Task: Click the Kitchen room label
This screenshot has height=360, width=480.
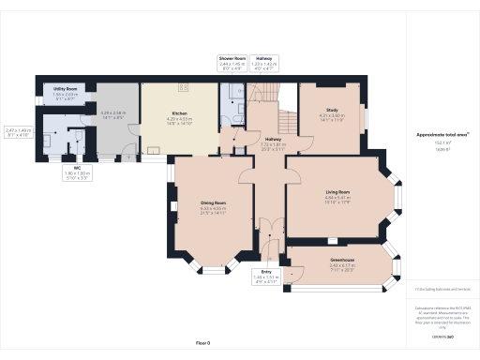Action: [178, 113]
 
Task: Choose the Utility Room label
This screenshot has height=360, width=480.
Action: [65, 88]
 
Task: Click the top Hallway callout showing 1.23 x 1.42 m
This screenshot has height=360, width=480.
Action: [264, 63]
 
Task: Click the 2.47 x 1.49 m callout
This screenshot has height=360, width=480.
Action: [19, 132]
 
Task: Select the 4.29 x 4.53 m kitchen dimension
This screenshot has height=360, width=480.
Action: [178, 120]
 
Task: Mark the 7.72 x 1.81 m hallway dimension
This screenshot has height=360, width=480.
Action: [273, 146]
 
